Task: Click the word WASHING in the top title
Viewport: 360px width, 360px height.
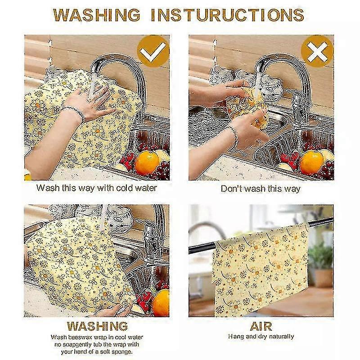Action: [97, 15]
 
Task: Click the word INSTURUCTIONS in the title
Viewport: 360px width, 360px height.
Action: [227, 15]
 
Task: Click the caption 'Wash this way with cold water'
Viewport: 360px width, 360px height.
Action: [96, 188]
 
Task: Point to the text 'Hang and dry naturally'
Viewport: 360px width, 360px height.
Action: [261, 337]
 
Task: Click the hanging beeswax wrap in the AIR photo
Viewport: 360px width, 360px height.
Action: [261, 270]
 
